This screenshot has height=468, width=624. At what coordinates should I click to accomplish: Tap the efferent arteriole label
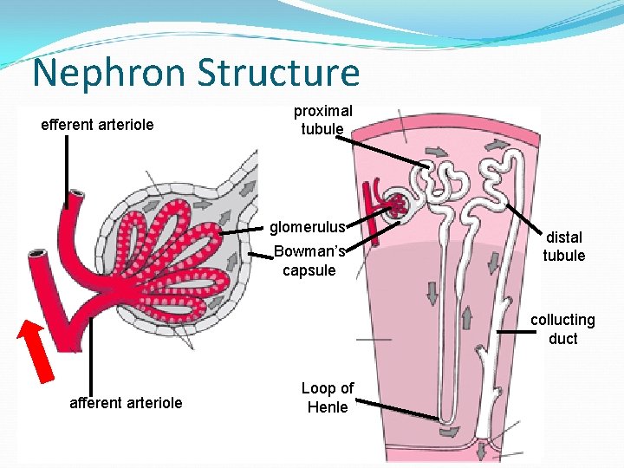pos(97,125)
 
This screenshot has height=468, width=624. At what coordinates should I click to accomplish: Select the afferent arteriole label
pos(126,402)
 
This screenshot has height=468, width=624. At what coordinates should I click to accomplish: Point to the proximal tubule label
pos(322,120)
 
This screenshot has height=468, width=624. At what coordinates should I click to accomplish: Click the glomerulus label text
pos(307,228)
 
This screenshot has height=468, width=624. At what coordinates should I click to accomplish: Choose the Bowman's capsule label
pos(309,261)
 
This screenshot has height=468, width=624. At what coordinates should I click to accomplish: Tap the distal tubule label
pos(564,246)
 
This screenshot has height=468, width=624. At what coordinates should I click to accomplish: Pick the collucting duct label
pos(562,328)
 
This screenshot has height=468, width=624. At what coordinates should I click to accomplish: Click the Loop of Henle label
pos(327,398)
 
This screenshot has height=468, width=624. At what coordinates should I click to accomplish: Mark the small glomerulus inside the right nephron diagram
pos(399,205)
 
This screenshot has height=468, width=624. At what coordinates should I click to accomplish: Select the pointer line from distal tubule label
pos(524,218)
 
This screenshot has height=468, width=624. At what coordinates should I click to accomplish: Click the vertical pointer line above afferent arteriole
pos(87,355)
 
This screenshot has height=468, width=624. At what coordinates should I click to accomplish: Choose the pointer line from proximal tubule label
pos(386,150)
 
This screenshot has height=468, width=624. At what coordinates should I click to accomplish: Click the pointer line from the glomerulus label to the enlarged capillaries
pos(240,231)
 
